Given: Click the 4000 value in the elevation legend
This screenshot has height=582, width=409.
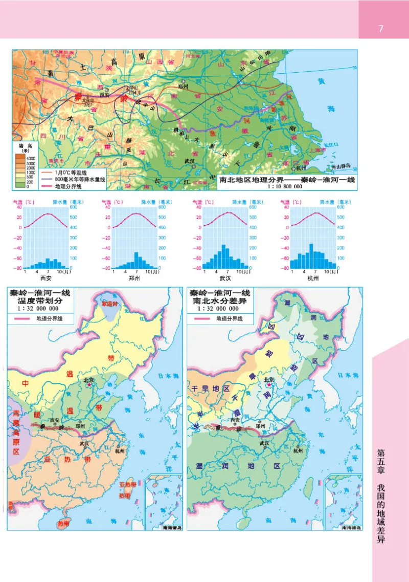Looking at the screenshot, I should click(x=31, y=159).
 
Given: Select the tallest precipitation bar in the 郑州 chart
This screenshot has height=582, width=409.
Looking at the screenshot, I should click(x=136, y=260).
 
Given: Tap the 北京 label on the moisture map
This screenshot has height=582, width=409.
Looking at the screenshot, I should click(x=268, y=380).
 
